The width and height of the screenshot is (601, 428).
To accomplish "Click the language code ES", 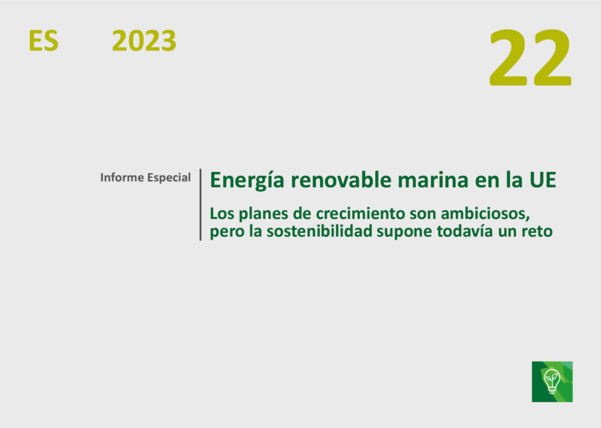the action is [43, 41].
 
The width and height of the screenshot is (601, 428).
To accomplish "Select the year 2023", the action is [144, 41].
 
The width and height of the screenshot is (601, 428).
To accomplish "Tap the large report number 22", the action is [531, 58].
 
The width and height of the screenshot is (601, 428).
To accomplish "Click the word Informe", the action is [122, 177].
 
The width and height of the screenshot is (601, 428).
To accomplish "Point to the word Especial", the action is [169, 177].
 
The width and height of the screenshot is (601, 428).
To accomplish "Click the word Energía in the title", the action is [247, 180].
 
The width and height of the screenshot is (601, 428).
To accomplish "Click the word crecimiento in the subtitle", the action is [360, 214].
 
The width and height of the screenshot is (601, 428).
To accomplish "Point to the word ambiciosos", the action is [485, 214].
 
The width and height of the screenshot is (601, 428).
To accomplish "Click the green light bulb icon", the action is [552, 381].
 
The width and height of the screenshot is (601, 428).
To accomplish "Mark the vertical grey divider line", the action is [201, 205].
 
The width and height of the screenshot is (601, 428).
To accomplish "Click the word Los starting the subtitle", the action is [222, 214].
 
